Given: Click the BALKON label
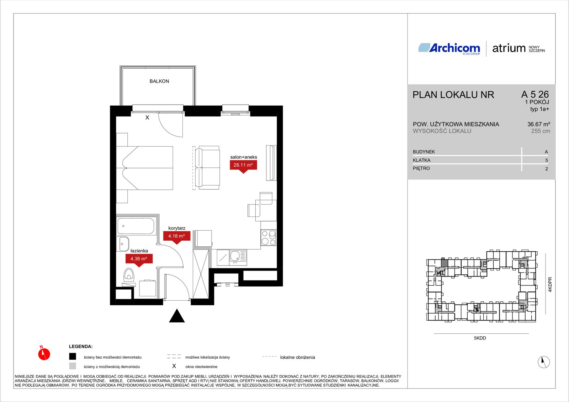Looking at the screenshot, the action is (159, 81).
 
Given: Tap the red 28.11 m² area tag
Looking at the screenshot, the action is (243, 166).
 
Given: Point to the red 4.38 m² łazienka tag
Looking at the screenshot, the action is (139, 259).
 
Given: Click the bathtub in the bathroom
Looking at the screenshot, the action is (136, 226).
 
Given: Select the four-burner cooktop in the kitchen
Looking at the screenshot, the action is (268, 237).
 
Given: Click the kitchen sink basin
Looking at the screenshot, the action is (235, 256).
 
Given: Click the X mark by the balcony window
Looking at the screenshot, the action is (147, 118).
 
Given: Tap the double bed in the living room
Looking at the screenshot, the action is (144, 168).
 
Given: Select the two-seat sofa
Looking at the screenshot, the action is (207, 168).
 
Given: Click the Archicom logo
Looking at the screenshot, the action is (449, 48).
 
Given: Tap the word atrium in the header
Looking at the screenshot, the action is (509, 48).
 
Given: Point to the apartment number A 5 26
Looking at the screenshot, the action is (535, 95).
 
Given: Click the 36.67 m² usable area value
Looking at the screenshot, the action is (538, 124).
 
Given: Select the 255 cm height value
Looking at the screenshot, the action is (541, 131).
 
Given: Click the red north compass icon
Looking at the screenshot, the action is (44, 354).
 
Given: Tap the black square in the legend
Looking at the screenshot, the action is (73, 357).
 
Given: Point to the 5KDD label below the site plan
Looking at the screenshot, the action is (480, 338).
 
